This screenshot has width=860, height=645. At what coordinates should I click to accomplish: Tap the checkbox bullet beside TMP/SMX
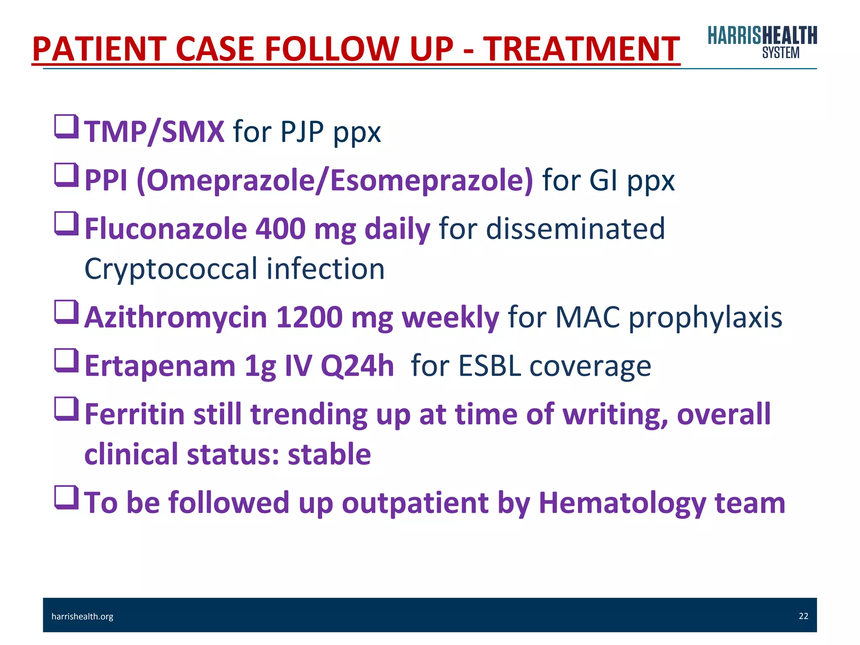(x=66, y=126)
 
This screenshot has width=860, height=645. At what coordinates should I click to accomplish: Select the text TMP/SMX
(x=154, y=132)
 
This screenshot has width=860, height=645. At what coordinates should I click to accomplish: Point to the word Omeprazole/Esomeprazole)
(x=335, y=181)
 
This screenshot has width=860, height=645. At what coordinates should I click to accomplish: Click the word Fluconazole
(x=166, y=229)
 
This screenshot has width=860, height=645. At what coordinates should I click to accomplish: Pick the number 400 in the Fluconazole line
(x=280, y=229)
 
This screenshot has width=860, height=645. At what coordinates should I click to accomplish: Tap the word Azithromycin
(x=176, y=317)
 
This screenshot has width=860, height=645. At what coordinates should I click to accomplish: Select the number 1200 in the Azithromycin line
(x=309, y=317)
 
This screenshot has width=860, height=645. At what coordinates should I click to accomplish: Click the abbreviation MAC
(x=587, y=317)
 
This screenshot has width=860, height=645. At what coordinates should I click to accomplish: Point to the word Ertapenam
(x=160, y=366)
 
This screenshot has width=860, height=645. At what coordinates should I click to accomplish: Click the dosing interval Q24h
(x=357, y=366)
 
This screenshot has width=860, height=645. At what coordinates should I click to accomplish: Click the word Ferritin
(x=134, y=414)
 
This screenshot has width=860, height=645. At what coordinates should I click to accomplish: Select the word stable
(x=329, y=454)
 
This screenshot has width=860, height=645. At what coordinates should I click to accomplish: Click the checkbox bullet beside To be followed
(x=66, y=497)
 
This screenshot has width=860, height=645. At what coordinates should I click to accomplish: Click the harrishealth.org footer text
(x=82, y=616)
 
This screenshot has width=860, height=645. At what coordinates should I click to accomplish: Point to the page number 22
(x=803, y=616)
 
